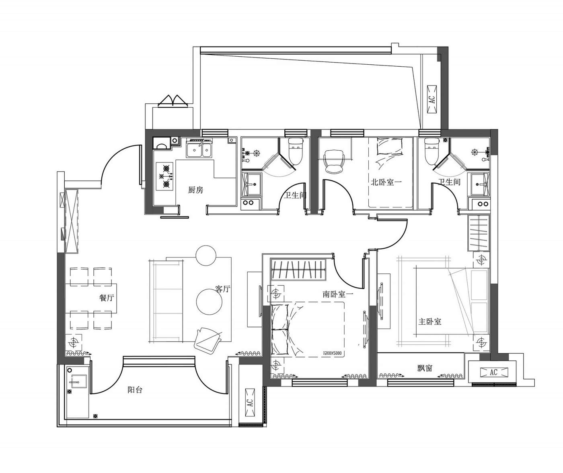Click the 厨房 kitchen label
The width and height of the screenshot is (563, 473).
[x=195, y=190]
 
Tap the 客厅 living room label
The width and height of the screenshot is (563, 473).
[x=223, y=289]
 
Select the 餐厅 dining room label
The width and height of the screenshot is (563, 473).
[x=107, y=298]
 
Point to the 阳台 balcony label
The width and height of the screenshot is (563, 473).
[x=135, y=390]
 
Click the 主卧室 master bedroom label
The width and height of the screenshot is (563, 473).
[x=430, y=321]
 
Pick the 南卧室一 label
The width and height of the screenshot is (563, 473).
[x=338, y=294]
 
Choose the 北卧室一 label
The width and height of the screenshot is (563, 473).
[x=386, y=182]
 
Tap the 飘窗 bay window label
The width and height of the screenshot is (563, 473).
[x=425, y=368]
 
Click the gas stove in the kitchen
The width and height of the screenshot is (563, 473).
[x=165, y=176]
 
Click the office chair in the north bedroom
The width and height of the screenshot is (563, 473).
[x=334, y=161]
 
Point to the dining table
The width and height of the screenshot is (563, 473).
[x=91, y=298]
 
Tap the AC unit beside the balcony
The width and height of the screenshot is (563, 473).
[x=250, y=403]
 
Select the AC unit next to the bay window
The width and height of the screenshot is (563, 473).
[x=493, y=373]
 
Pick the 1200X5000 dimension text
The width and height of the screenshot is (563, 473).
[x=332, y=353]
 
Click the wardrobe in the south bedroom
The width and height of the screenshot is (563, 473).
[x=298, y=270]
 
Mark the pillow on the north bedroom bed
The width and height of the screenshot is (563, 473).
[x=390, y=146]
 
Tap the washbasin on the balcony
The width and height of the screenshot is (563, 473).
[x=77, y=381]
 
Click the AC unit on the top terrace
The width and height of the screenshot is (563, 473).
[x=432, y=100]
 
